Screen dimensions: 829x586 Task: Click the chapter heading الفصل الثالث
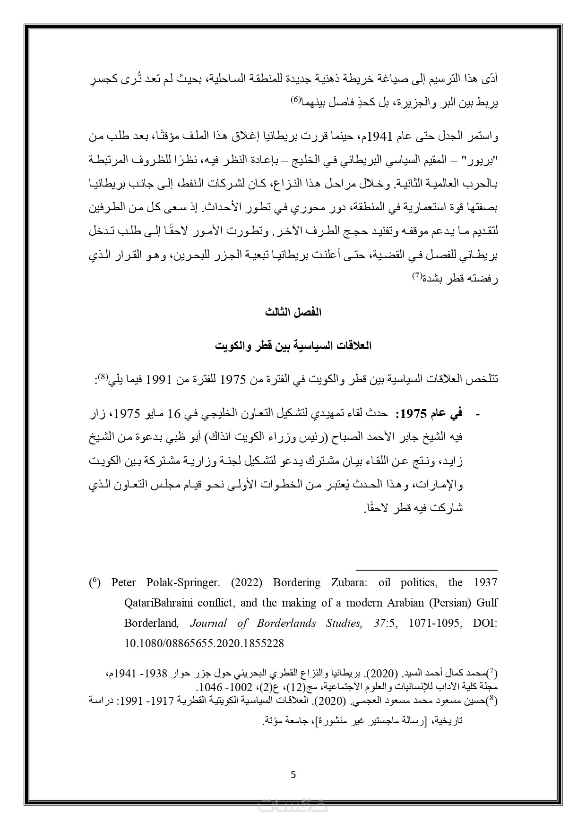293,312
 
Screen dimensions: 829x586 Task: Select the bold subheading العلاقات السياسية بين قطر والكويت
293,346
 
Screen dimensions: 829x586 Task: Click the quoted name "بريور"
483,160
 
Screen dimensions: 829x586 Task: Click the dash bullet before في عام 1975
477,415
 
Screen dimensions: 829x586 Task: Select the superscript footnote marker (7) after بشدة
417,276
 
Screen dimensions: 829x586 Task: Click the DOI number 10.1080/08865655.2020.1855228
204,643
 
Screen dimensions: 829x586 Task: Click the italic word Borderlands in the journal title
283,623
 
